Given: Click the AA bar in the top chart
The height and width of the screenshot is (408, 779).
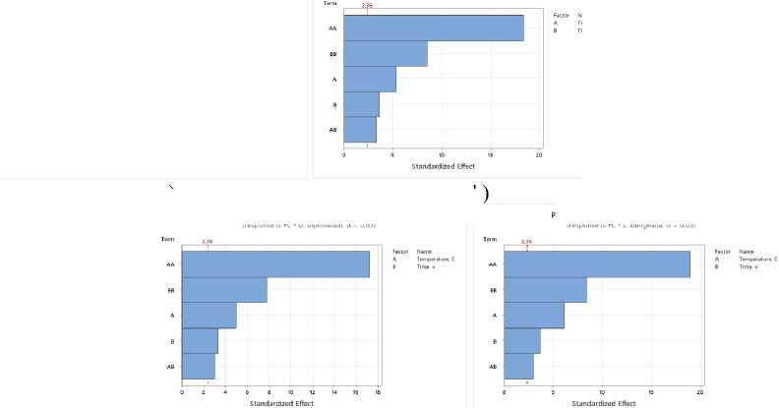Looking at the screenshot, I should pyautogui.click(x=433, y=29).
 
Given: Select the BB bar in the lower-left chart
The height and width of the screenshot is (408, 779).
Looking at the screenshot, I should pyautogui.click(x=224, y=290).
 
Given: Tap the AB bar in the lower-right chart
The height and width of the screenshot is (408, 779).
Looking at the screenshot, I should pyautogui.click(x=517, y=367).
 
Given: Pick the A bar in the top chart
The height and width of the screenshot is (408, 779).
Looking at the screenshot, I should pyautogui.click(x=370, y=79).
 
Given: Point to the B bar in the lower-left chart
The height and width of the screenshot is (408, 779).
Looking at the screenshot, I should pyautogui.click(x=200, y=341).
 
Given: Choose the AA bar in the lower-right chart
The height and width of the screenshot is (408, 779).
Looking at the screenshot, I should pyautogui.click(x=596, y=264).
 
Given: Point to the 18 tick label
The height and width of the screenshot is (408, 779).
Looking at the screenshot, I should pyautogui.click(x=378, y=393).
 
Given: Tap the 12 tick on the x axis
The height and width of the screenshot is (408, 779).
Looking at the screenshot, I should pyautogui.click(x=313, y=393).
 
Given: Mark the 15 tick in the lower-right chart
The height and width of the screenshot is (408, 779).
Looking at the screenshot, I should pyautogui.click(x=650, y=393).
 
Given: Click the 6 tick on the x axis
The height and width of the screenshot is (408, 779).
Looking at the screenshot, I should pyautogui.click(x=248, y=393).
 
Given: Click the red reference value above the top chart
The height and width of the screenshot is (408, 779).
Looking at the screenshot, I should pyautogui.click(x=367, y=6).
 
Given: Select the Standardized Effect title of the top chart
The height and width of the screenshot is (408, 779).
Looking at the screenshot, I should pyautogui.click(x=441, y=165).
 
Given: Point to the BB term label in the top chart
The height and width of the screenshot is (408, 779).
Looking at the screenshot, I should pyautogui.click(x=332, y=54).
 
